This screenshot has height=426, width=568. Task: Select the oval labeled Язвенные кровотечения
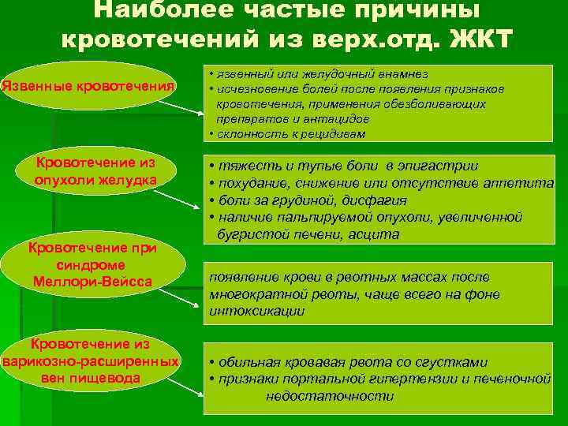(88, 84)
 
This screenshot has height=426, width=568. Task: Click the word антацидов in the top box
(341, 118)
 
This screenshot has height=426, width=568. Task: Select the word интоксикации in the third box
(257, 311)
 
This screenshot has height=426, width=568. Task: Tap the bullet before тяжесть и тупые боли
(212, 166)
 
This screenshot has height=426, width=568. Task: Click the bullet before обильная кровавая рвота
(212, 363)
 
